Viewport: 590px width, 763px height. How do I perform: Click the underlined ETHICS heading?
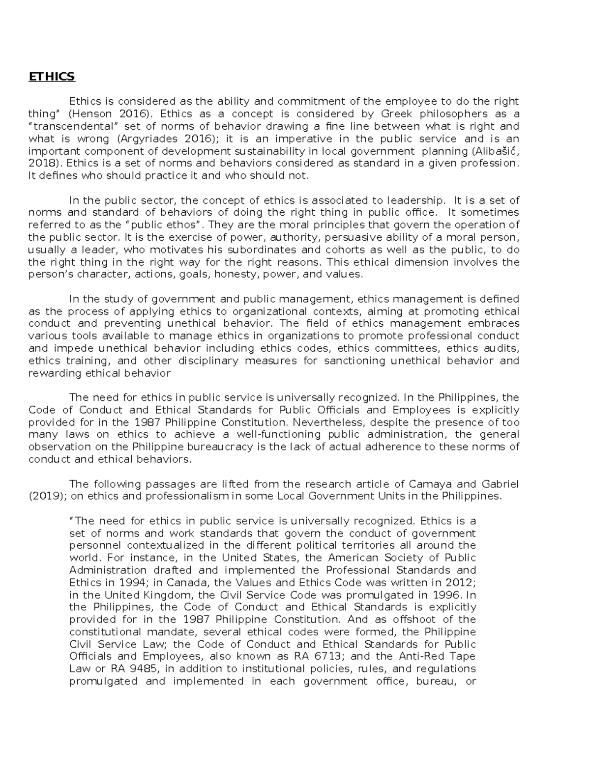(x=52, y=77)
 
